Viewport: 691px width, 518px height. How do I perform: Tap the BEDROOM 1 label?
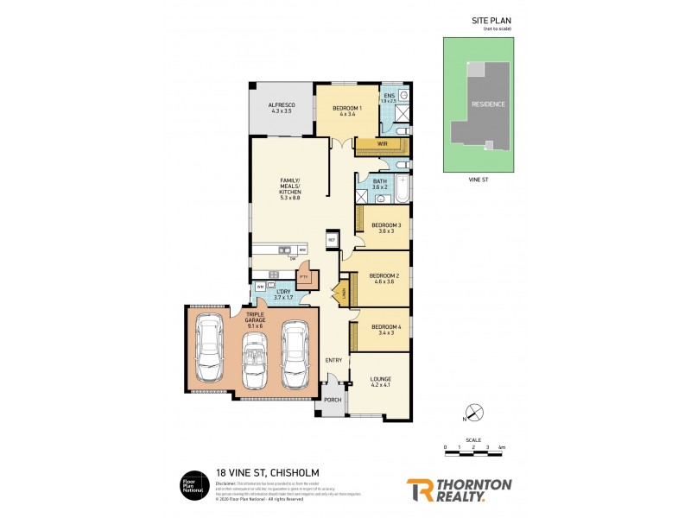(x=347, y=108)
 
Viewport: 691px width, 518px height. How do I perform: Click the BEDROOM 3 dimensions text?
(x=384, y=231)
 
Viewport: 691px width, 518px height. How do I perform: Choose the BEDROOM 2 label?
(x=380, y=276)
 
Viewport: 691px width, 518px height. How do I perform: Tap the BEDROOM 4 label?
(x=382, y=327)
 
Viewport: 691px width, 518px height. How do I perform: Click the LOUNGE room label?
(x=380, y=379)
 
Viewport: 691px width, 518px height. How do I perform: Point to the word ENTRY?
(x=333, y=359)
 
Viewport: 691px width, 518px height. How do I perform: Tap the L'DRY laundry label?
(x=284, y=294)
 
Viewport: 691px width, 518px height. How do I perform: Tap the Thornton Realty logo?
(x=460, y=488)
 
